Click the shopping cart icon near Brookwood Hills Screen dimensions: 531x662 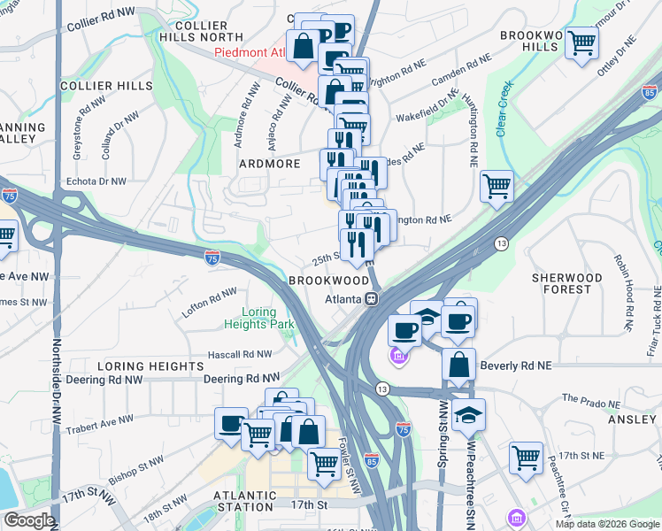(x=582, y=42)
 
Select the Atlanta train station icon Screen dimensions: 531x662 (x=373, y=298)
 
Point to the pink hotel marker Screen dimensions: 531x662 (x=398, y=357)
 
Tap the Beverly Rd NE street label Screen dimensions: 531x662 (x=515, y=365)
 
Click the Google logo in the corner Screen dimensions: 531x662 (x=29, y=520)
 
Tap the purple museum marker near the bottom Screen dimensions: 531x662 (x=513, y=517)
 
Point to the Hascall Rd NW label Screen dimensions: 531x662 (x=238, y=354)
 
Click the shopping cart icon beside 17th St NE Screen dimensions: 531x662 (x=526, y=458)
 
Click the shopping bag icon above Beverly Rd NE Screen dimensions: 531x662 (x=459, y=363)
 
